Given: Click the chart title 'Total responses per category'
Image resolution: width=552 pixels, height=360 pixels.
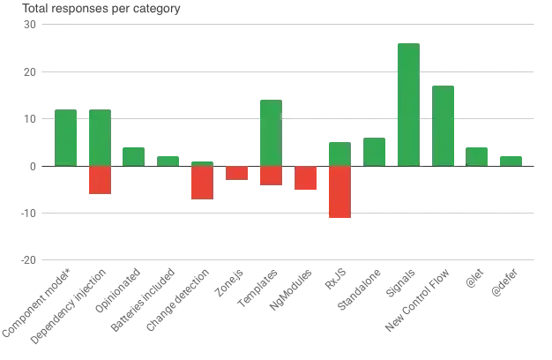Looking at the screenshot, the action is coord(101,9).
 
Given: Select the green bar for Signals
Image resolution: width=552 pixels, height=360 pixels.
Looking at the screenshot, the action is coord(409,105).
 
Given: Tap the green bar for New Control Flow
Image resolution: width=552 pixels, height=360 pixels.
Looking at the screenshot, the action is coord(443,126).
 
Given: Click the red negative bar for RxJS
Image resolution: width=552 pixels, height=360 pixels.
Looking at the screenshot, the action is coord(339,192).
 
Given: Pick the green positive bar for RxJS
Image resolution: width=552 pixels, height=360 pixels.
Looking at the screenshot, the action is coord(339,154).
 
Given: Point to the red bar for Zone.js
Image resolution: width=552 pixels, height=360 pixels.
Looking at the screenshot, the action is coord(237,173).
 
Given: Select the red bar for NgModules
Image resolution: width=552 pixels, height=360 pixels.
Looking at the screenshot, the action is coord(306,178).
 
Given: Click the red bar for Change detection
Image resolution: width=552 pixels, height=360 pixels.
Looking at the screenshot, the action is coord(203,183).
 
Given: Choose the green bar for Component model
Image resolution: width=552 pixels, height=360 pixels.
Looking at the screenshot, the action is coord(66,138).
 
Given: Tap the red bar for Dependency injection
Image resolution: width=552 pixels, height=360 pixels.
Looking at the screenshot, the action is coord(100,180).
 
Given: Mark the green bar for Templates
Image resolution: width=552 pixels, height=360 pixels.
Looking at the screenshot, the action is coord(271,133).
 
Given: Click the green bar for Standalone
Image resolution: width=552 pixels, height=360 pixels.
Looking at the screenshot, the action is coord(374,152).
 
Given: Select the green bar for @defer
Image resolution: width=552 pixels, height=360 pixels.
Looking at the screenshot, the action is coord(511,161).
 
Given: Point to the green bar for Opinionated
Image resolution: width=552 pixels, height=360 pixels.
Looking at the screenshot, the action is coord(133,157).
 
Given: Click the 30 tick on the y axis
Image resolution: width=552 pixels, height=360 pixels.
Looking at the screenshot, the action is coord(30,25).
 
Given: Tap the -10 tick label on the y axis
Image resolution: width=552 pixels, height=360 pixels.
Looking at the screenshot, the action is coord(28,214).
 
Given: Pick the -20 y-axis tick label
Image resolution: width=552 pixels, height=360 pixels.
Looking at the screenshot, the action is coord(28,260).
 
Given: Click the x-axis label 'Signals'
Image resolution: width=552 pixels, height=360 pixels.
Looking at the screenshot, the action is coord(400,283).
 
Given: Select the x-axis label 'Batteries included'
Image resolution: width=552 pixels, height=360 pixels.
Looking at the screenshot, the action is coord(143,300).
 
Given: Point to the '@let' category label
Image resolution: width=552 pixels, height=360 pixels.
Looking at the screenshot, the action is coord(474,279).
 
